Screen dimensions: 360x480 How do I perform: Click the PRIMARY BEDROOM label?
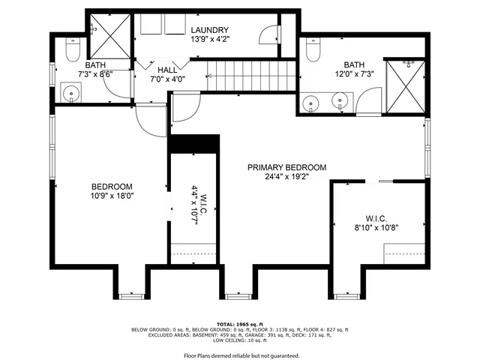tap(287, 167)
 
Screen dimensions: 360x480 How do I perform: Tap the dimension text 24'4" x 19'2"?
tap(287, 178)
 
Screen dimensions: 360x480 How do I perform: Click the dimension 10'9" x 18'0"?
tap(112, 197)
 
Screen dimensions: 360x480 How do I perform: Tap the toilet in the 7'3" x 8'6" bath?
tap(72, 50)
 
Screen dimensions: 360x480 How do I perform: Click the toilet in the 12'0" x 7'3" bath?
tap(313, 50)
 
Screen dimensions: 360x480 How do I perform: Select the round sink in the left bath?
tap(72, 94)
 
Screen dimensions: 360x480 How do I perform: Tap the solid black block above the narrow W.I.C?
tap(193, 143)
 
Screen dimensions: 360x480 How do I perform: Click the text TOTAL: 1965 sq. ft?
tap(239, 324)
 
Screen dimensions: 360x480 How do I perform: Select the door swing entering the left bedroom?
tap(150, 120)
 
